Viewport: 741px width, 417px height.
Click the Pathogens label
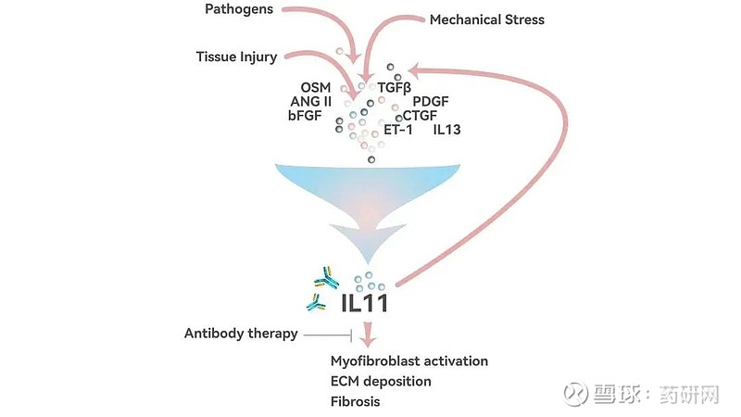tap(239, 9)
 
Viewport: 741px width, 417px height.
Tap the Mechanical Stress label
tap(487, 19)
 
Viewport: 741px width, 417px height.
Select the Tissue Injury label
tap(236, 57)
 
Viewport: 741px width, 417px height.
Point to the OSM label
tap(316, 87)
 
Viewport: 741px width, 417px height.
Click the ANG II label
tap(311, 102)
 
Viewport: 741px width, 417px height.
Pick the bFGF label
tap(305, 115)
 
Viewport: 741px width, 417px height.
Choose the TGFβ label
tap(395, 88)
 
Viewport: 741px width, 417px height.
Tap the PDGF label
tap(431, 102)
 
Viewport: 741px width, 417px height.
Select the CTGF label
tap(420, 115)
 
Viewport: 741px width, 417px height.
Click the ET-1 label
tap(398, 130)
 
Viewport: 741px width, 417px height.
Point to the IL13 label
tap(446, 130)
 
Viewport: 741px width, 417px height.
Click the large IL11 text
tap(364, 303)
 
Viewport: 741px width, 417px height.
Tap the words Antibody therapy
tap(241, 334)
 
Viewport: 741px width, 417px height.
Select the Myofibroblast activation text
tap(409, 361)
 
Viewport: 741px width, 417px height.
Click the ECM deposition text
tap(381, 382)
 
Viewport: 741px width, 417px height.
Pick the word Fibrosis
tap(356, 402)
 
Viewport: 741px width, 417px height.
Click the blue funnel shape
tap(368, 198)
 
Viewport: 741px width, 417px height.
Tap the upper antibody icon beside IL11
tap(327, 279)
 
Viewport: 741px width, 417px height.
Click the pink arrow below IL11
tap(368, 335)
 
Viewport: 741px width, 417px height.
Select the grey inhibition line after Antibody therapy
tap(328, 335)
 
